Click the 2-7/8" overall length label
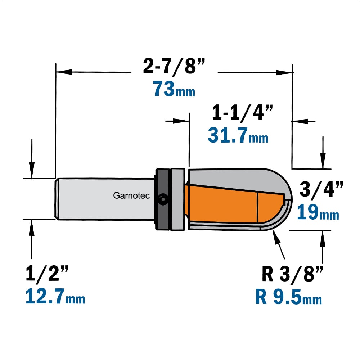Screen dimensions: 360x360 click(174, 66)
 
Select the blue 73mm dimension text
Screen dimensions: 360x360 click(174, 89)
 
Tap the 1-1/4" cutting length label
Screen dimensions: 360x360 click(242, 113)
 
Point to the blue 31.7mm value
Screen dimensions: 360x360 click(238, 135)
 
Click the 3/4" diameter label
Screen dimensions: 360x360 click(321, 190)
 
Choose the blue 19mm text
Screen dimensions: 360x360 click(318, 212)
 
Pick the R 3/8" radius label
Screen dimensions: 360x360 click(292, 274)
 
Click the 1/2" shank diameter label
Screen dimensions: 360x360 click(47, 273)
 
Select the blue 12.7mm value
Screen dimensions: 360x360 click(55, 296)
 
